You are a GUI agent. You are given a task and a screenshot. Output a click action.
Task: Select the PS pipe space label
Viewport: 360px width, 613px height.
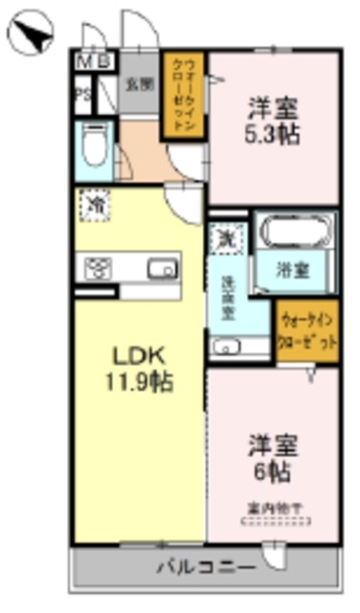pyautogui.click(x=83, y=94)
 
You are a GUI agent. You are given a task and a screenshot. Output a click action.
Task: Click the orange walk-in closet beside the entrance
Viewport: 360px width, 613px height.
pyautogui.click(x=183, y=94)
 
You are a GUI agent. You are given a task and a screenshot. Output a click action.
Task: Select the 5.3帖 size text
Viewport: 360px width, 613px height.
pyautogui.click(x=272, y=133)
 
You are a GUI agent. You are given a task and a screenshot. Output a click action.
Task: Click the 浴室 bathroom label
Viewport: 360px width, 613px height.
pyautogui.click(x=293, y=269)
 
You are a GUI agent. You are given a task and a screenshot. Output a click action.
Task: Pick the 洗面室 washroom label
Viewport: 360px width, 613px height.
pyautogui.click(x=228, y=296)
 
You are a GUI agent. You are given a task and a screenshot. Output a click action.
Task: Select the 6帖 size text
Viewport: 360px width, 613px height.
pyautogui.click(x=274, y=471)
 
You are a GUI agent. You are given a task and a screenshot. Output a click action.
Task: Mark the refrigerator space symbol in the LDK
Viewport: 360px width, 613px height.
pyautogui.click(x=95, y=205)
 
